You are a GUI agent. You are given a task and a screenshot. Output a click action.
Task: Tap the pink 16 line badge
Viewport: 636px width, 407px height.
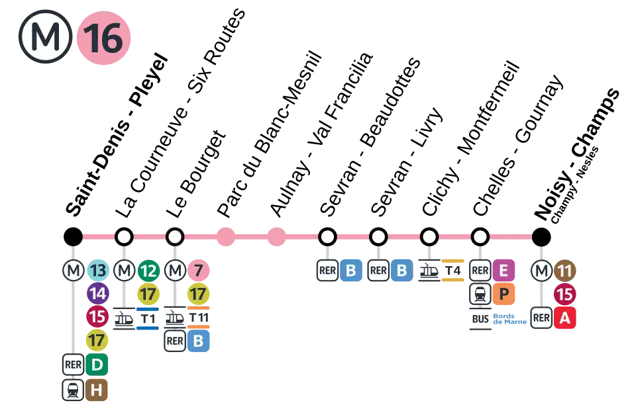(103, 38)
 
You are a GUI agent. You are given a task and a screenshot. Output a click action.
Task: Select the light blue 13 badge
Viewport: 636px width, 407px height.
(97, 271)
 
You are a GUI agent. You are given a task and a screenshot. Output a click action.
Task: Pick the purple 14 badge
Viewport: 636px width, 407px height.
(97, 294)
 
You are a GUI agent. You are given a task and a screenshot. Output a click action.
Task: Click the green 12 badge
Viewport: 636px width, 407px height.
(148, 271)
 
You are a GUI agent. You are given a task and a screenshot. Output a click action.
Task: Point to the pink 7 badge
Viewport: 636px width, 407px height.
(198, 271)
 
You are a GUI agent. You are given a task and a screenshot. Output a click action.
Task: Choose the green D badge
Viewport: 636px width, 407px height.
(97, 365)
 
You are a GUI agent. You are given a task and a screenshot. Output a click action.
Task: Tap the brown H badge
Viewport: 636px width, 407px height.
(97, 390)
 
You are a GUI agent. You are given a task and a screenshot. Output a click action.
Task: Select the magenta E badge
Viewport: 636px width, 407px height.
(503, 271)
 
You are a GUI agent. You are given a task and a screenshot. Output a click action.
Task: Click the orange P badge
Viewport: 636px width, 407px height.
(503, 294)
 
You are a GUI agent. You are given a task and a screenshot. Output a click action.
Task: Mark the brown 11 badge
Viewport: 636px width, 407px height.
(565, 271)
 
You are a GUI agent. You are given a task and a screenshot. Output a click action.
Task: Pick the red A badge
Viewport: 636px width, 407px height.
(565, 318)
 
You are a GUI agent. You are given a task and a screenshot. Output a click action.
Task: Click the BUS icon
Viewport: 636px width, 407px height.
(480, 319)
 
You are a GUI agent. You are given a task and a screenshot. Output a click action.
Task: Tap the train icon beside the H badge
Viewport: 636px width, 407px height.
(73, 390)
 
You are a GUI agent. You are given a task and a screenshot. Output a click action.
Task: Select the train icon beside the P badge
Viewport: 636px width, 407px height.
(480, 294)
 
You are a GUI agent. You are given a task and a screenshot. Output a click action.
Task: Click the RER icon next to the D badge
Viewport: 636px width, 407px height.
(73, 365)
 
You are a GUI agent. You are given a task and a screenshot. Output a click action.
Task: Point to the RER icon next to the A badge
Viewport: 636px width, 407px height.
(541, 318)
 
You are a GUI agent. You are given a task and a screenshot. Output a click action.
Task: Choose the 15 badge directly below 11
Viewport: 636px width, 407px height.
(565, 294)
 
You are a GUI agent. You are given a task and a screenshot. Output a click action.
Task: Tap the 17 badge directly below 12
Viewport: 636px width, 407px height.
(148, 294)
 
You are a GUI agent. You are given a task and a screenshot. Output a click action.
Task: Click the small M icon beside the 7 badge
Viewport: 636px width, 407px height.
(175, 271)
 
